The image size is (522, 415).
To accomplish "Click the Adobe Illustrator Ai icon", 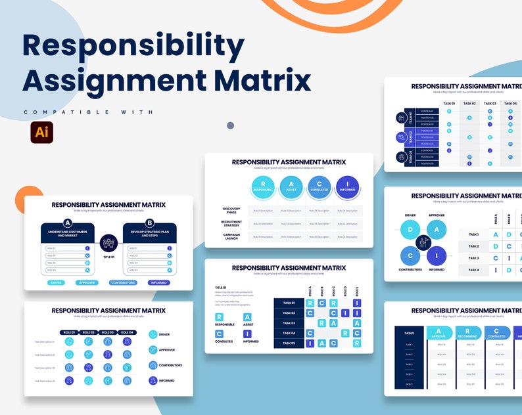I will pos(41,132).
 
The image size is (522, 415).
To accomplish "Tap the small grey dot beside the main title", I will pos(230,125).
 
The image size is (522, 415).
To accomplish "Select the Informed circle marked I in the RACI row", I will pos(346,186).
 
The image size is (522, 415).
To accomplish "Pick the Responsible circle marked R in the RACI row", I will pos(263,186).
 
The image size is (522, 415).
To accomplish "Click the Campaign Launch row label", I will pos(231,236).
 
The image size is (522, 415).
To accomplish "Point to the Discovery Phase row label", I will pos(231,210).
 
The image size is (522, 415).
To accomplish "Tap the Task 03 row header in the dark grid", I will pos(289,323).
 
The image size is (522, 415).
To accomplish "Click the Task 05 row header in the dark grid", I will pos(289,343).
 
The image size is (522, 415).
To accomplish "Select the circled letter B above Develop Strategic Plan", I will pos(149,223).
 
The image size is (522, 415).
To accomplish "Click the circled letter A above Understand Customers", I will pos(68,223).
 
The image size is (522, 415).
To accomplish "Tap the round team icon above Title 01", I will pos(108,244).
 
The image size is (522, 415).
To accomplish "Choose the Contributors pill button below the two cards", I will pos(124,283).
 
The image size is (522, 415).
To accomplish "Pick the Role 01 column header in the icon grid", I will pos(69,332).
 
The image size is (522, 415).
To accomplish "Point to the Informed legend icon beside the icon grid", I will pos(153,380).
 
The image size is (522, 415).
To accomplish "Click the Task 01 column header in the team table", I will pos(449,103).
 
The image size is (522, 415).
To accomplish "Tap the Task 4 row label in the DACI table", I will pos(473,270).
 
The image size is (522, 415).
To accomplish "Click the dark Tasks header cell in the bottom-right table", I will pos(410,333).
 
